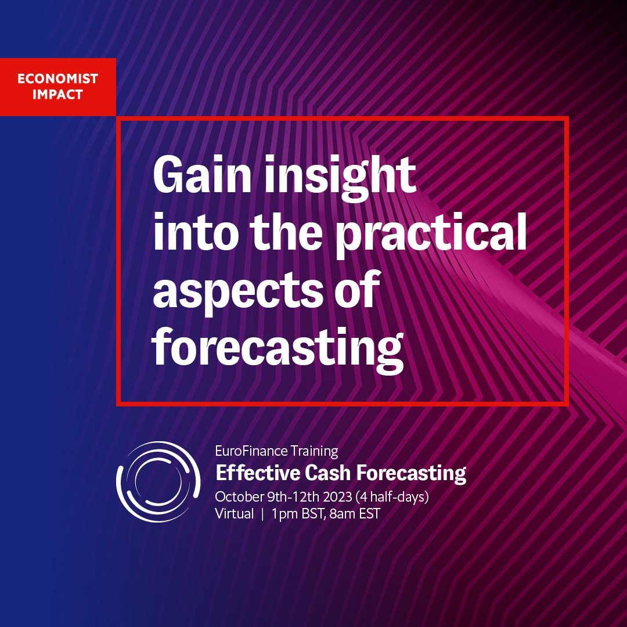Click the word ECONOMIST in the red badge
[57, 78]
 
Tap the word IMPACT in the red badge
[57, 95]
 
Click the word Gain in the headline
[203, 174]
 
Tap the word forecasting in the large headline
[278, 348]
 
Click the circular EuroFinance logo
[158, 481]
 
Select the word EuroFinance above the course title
[251, 451]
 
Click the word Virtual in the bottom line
[235, 513]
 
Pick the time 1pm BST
[298, 514]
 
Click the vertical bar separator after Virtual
[262, 514]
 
